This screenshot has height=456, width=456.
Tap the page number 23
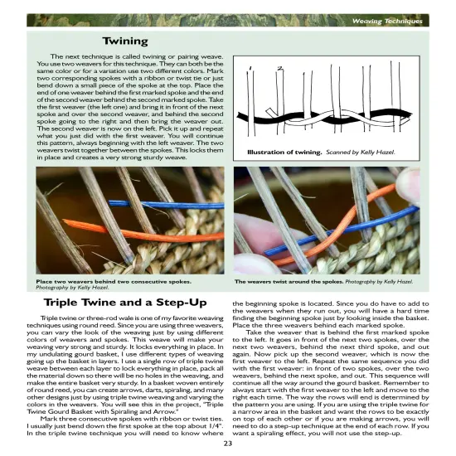point(227,443)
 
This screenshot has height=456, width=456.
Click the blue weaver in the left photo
point(158,203)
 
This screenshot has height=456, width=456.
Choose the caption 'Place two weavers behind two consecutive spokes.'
point(112,281)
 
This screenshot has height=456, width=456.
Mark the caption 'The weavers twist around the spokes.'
point(289,281)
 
